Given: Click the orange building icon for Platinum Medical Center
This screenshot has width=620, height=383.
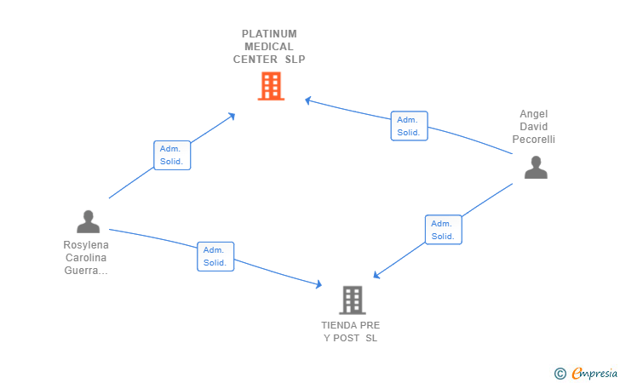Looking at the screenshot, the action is coord(271,86).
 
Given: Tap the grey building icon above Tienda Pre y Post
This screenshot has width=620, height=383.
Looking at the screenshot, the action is coord(353,300).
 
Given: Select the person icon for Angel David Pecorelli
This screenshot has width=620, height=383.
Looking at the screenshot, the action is coord(536,168).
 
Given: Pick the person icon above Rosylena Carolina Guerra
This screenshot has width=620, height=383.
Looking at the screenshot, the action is coord(89,222).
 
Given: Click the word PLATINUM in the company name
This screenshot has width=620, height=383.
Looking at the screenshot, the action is coord(269,34).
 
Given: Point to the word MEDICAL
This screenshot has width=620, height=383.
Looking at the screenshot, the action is coord(269,47).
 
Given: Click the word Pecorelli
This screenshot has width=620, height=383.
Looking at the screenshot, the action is coord(533,140).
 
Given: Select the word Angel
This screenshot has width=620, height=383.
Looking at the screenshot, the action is coord(533,114).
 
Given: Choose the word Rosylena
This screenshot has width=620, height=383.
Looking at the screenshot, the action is coord(86,245).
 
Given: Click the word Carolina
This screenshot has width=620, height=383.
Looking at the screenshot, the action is coord(86,258).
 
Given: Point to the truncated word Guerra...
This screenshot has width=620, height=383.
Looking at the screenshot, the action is coord(86,271).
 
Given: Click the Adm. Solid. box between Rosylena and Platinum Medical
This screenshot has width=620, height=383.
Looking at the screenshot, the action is coord(172,156).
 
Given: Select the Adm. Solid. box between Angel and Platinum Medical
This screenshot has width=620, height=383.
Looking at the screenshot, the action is coord(410,126).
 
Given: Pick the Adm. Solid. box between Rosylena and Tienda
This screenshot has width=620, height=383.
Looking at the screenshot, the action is coord(215,256).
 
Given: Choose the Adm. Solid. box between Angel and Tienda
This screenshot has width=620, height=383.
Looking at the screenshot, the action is coord(443,230).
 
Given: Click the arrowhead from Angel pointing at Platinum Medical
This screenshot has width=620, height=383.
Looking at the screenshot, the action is coord(308,100).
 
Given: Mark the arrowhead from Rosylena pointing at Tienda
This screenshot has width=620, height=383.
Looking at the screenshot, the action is coord(319,283).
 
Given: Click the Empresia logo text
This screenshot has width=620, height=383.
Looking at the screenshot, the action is coord(594,373).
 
